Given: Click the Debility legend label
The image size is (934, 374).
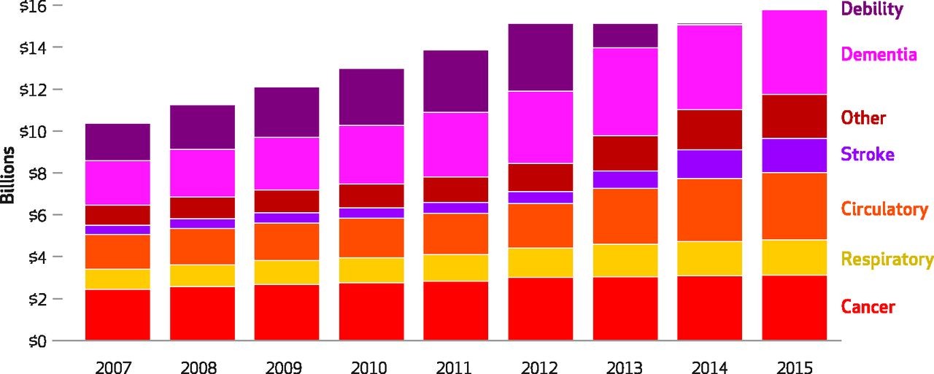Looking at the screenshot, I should [871, 10].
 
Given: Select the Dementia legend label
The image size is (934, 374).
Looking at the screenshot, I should [879, 55].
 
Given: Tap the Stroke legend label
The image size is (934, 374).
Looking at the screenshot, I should [867, 155].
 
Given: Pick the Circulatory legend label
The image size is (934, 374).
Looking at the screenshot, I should [884, 210].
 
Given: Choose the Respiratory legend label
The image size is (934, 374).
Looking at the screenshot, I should [887, 260].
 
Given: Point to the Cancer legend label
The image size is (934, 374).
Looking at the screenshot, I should [868, 307].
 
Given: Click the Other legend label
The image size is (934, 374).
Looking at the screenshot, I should [863, 118].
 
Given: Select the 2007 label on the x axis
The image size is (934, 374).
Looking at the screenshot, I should [117, 365].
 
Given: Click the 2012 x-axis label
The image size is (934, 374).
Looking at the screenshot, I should [541, 365].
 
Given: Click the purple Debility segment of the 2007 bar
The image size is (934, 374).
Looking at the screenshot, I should [117, 142].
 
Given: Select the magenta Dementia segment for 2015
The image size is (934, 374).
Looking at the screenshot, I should [794, 52].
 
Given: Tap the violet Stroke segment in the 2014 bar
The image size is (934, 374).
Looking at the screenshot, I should [709, 164].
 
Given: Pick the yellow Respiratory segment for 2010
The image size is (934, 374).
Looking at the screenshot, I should [371, 270].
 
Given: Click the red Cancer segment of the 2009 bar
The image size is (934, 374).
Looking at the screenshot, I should [287, 312].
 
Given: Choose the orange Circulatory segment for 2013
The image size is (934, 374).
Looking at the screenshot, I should [625, 216].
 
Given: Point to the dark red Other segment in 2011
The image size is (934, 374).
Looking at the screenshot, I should [456, 190].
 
